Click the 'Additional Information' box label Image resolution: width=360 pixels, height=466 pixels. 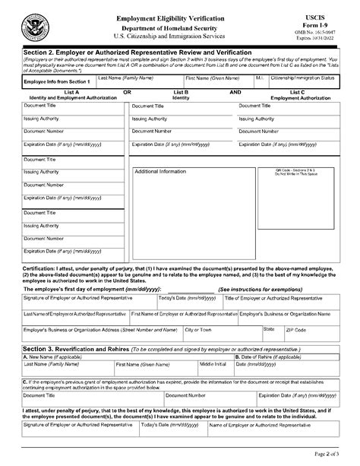click(x=160, y=171)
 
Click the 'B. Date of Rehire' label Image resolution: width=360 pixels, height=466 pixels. click(x=267, y=356)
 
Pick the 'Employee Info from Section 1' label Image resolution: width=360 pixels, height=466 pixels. click(x=57, y=81)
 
